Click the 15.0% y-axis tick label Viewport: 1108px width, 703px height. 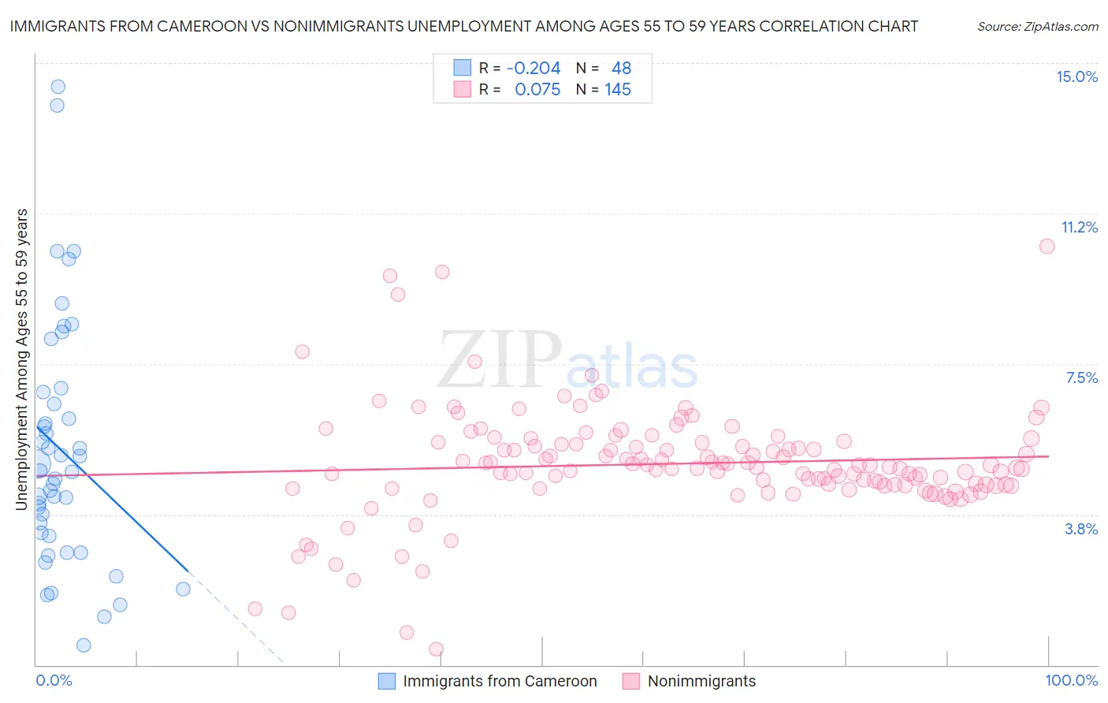(1076, 76)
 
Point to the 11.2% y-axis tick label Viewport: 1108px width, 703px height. (1079, 227)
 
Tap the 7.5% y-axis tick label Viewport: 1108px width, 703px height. (1081, 378)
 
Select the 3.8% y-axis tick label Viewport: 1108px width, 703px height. (1081, 529)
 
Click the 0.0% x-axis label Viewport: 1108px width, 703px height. (54, 680)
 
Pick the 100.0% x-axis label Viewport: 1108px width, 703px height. (1071, 680)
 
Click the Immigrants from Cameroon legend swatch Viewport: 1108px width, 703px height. (386, 681)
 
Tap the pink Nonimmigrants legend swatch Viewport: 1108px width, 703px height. (630, 681)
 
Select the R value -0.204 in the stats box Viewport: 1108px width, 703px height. (534, 69)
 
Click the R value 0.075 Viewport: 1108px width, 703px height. (537, 90)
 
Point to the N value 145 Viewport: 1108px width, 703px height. (618, 90)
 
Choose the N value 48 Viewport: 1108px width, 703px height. (621, 69)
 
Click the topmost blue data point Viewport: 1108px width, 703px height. (58, 87)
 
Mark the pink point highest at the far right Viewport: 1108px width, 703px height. (1047, 246)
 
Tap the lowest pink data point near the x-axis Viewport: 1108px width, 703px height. (436, 649)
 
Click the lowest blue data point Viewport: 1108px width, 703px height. (84, 645)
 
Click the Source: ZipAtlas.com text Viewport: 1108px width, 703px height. (1037, 27)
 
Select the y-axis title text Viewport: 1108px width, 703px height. (22, 359)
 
